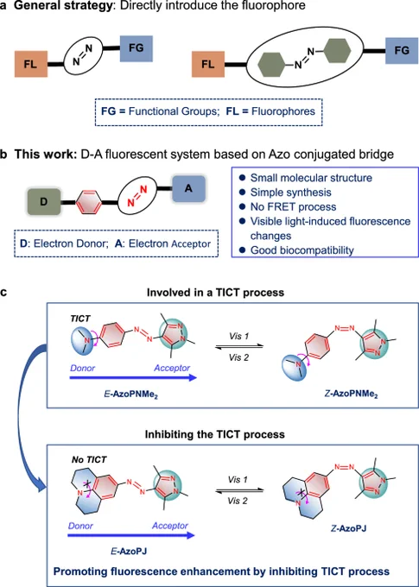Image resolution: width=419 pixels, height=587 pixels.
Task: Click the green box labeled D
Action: coord(43,203)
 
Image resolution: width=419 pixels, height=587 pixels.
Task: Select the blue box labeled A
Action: coord(188,189)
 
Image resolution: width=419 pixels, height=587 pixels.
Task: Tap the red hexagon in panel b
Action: coord(89,203)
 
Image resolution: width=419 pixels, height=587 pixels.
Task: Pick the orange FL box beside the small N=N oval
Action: coord(31,64)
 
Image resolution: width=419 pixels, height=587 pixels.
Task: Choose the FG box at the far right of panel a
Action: coord(402,50)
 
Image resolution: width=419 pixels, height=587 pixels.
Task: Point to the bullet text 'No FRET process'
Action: coord(293,206)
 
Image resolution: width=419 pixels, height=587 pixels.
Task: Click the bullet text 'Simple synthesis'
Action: coord(291,192)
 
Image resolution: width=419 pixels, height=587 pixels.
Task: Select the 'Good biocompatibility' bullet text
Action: coord(302,250)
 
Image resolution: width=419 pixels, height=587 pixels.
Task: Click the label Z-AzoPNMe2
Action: coord(352,394)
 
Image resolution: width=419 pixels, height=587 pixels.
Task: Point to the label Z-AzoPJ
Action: coord(348,528)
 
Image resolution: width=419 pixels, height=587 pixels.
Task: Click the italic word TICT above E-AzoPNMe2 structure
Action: coord(80,319)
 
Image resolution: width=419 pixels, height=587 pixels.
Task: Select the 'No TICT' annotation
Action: coord(89,460)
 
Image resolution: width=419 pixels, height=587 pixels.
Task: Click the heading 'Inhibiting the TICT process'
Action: coord(215,434)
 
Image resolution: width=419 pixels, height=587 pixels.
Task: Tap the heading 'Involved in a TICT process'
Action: coord(215,292)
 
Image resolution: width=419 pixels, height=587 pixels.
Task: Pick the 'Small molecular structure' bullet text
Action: coord(311,178)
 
